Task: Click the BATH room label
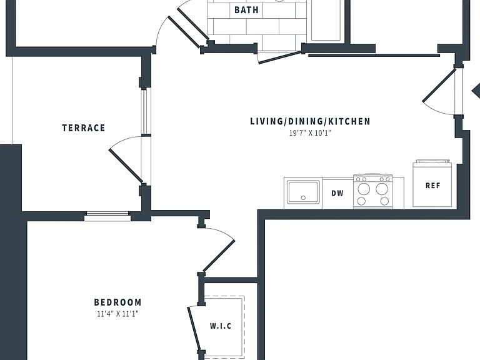tap(246, 10)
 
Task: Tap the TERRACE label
tap(84, 127)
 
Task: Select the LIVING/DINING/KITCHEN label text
tap(311, 121)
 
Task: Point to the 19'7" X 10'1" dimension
tap(311, 133)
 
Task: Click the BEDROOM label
tap(118, 302)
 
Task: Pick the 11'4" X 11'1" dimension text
tap(118, 314)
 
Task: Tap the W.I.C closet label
tap(221, 326)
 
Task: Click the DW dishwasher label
tap(337, 193)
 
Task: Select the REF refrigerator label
tap(433, 186)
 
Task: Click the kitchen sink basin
tap(303, 192)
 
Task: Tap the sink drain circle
tap(303, 197)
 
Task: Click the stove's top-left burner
tap(364, 189)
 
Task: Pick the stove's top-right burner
tap(382, 189)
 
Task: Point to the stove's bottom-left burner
tap(361, 201)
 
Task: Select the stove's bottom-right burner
tap(384, 201)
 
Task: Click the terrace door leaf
tap(126, 166)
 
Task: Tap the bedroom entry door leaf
tap(219, 256)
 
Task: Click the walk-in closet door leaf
tap(194, 329)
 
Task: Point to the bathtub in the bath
tap(326, 20)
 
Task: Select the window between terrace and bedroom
tap(107, 216)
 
